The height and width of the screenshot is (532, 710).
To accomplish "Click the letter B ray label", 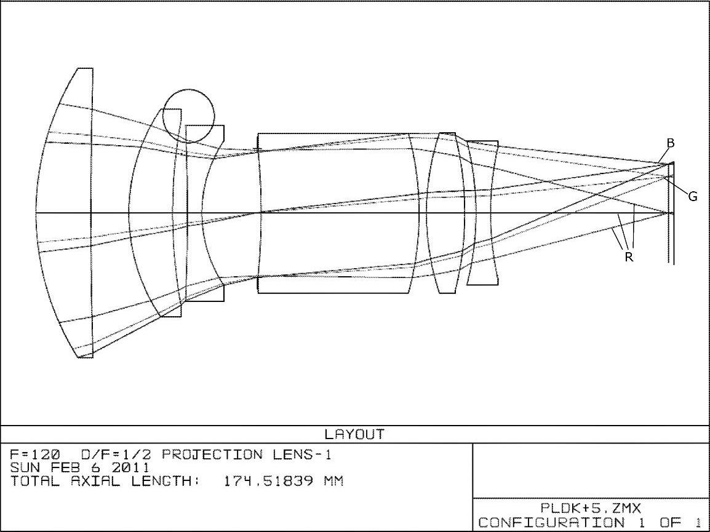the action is pyautogui.click(x=671, y=143).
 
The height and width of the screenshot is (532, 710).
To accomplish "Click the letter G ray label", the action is pyautogui.click(x=693, y=196).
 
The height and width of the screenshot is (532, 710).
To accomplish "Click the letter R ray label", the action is pyautogui.click(x=629, y=257).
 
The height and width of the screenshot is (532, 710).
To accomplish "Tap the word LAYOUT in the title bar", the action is pyautogui.click(x=354, y=435).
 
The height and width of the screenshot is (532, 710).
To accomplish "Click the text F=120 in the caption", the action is pyautogui.click(x=35, y=454).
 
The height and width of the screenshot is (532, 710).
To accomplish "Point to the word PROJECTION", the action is pyautogui.click(x=212, y=454).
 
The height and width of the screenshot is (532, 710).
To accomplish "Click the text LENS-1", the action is pyautogui.click(x=302, y=454).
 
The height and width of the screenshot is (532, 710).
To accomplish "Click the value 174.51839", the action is pyautogui.click(x=268, y=480).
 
